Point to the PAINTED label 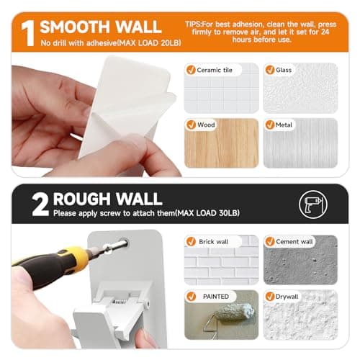click(214, 295)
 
